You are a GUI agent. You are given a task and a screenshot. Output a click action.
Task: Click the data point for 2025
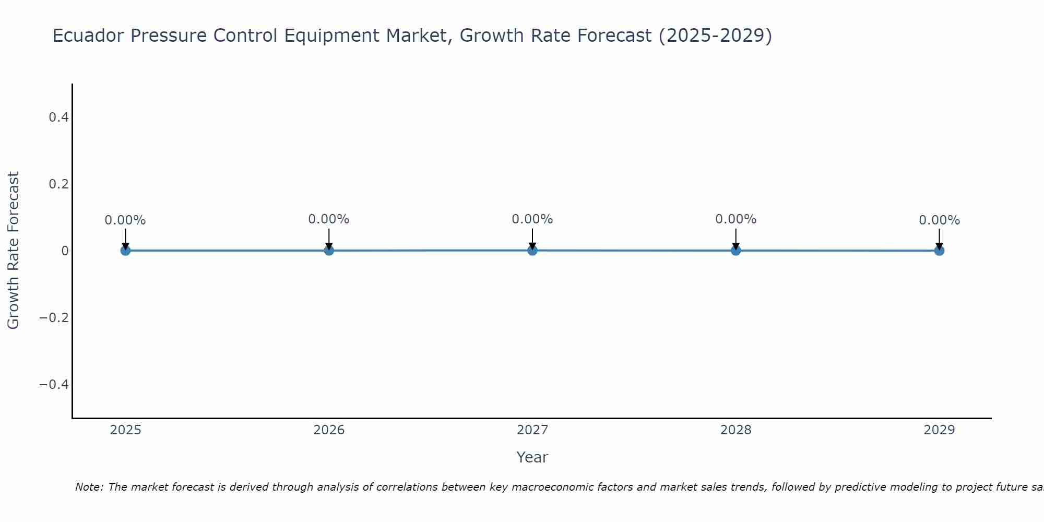(x=125, y=251)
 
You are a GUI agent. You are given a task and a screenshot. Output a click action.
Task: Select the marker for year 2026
(x=329, y=251)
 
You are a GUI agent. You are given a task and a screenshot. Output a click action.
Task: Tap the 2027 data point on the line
(x=532, y=250)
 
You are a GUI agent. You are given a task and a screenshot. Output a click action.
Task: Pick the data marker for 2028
(x=735, y=251)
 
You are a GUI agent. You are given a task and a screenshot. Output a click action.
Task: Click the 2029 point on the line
(x=939, y=251)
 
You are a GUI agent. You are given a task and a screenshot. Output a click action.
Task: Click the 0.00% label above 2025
(x=125, y=221)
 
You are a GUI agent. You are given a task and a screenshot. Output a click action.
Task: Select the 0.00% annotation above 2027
(x=532, y=220)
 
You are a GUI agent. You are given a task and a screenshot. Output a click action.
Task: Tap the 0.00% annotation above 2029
(x=939, y=221)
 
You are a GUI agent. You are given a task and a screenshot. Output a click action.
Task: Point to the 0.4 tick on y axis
(x=58, y=117)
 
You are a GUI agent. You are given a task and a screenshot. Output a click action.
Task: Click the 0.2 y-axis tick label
(x=58, y=184)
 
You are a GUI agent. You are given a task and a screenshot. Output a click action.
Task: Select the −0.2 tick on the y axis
(x=54, y=318)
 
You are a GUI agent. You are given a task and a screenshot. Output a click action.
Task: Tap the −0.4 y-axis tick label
(x=54, y=385)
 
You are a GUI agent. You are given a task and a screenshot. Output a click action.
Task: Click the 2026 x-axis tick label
(x=329, y=430)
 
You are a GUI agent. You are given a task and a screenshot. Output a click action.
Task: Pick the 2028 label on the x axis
(x=735, y=430)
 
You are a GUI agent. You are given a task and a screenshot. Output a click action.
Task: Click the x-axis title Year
(x=532, y=458)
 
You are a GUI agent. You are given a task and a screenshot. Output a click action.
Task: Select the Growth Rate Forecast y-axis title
(x=13, y=251)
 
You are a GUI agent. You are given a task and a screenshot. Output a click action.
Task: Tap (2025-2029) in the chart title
(x=715, y=36)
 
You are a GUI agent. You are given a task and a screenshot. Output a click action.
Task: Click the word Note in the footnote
(x=89, y=488)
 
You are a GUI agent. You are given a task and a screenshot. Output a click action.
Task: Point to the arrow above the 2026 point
(x=329, y=238)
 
